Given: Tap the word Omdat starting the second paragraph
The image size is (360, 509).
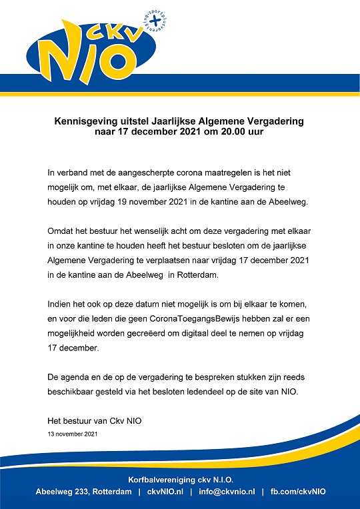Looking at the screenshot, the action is [x=61, y=231].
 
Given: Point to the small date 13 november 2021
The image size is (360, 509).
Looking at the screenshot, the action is [x=73, y=434].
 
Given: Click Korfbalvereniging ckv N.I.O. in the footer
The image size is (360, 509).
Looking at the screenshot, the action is [x=180, y=480].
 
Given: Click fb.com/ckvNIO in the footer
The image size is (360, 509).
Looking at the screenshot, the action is [x=298, y=492].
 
